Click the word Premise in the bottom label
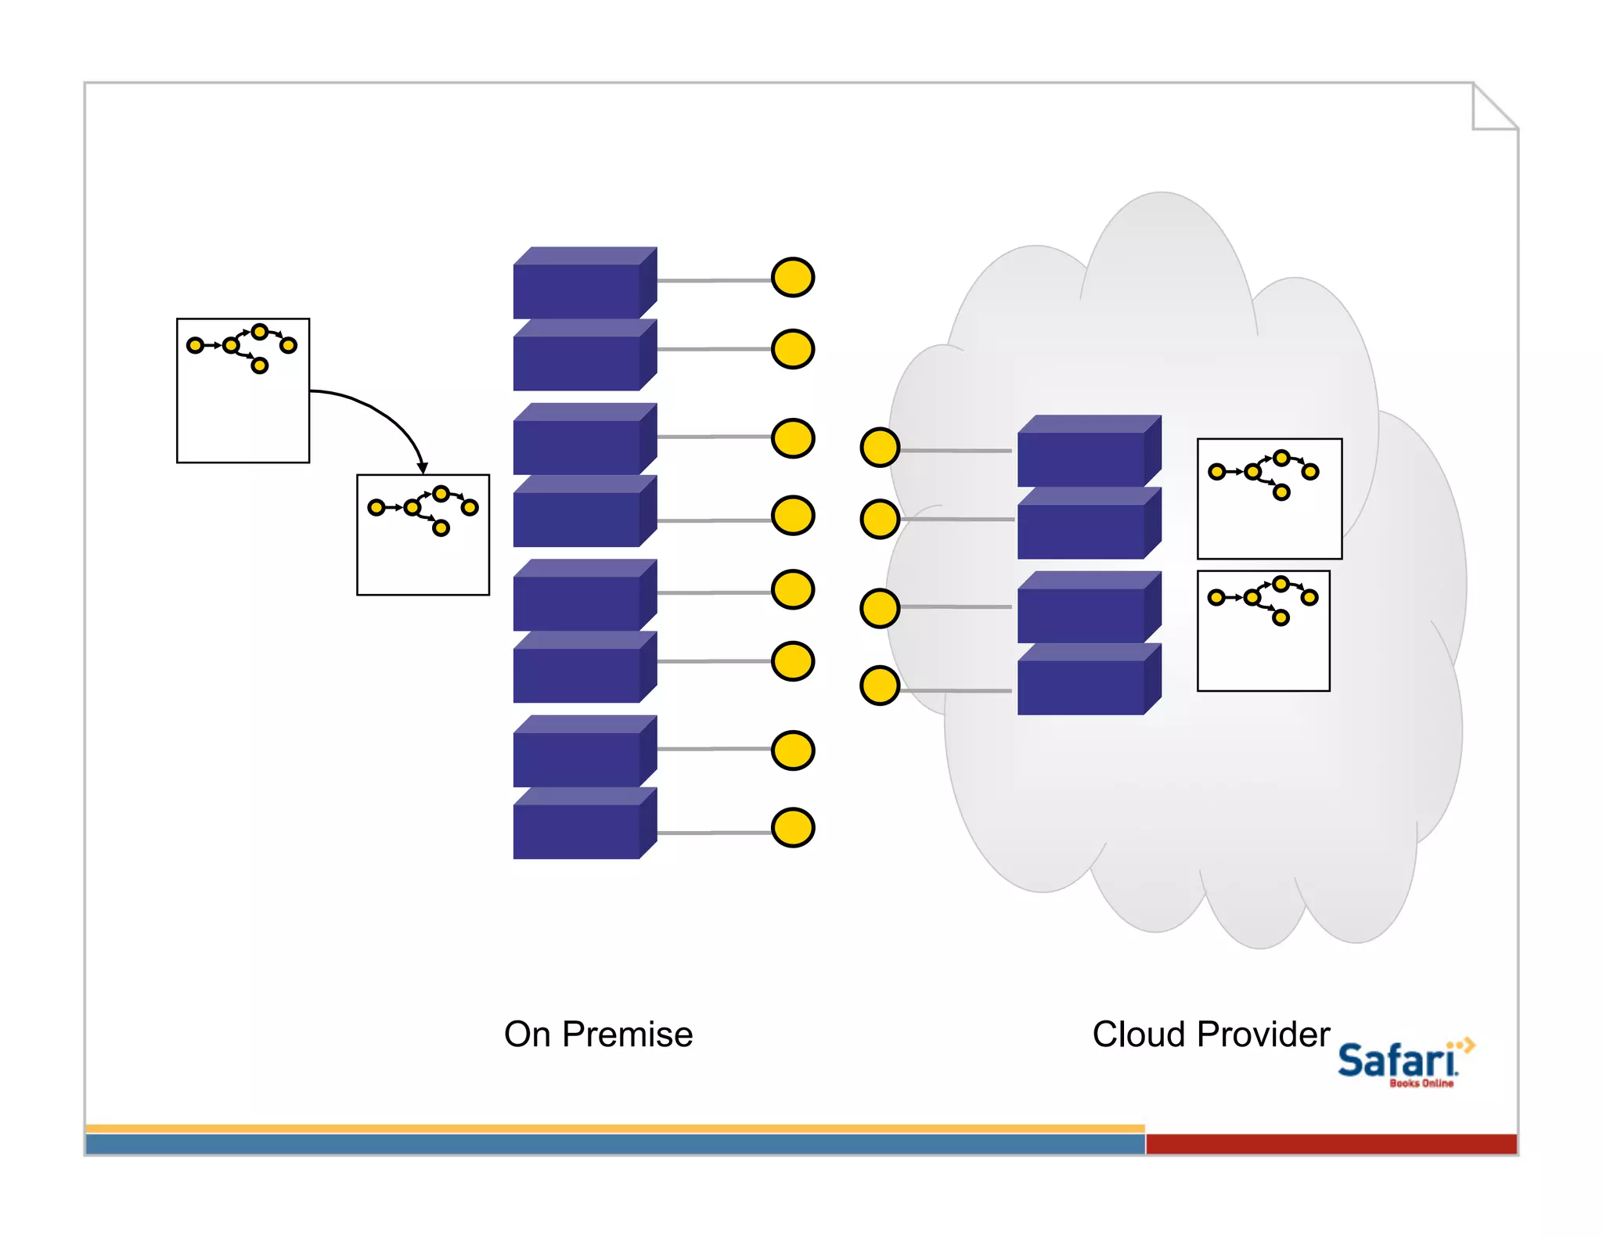pyautogui.click(x=627, y=1035)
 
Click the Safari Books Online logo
pyautogui.click(x=1401, y=1063)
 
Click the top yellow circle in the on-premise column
pyautogui.click(x=793, y=277)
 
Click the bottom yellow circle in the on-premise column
pyautogui.click(x=793, y=828)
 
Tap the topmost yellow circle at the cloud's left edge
pyautogui.click(x=880, y=448)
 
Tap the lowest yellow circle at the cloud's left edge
pyautogui.click(x=880, y=686)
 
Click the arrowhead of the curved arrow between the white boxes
pyautogui.click(x=423, y=467)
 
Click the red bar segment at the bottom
pyautogui.click(x=1331, y=1143)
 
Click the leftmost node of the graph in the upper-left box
pyautogui.click(x=195, y=345)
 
